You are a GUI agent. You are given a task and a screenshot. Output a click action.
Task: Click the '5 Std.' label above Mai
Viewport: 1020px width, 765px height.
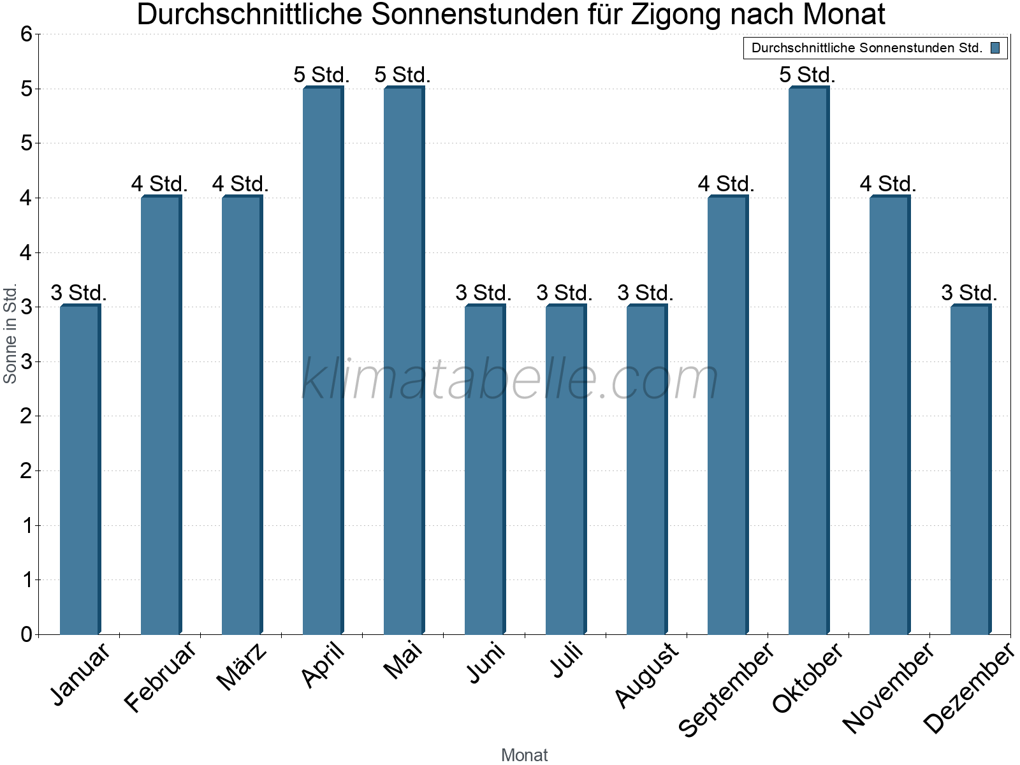click(x=402, y=75)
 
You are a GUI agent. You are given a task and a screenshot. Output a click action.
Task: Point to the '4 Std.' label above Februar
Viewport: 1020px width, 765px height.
click(x=159, y=184)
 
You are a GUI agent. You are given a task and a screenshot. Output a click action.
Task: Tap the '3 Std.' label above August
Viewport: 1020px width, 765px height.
click(x=645, y=293)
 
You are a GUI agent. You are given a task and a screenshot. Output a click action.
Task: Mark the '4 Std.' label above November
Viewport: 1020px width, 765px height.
click(x=888, y=184)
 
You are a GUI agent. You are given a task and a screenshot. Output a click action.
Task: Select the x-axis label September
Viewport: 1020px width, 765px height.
click(x=727, y=688)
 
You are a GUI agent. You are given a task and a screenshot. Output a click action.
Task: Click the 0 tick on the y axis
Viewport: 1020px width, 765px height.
click(x=26, y=634)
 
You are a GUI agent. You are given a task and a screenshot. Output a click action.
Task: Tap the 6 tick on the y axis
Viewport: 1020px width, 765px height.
click(x=26, y=34)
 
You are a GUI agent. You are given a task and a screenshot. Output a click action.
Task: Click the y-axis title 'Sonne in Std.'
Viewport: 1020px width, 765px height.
click(x=10, y=334)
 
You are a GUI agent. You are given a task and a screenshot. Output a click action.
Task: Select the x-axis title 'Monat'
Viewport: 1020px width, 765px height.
click(x=524, y=755)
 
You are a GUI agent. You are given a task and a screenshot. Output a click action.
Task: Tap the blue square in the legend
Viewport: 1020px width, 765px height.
click(x=995, y=48)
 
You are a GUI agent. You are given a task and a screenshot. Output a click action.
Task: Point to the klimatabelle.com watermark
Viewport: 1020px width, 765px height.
click(x=510, y=379)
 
